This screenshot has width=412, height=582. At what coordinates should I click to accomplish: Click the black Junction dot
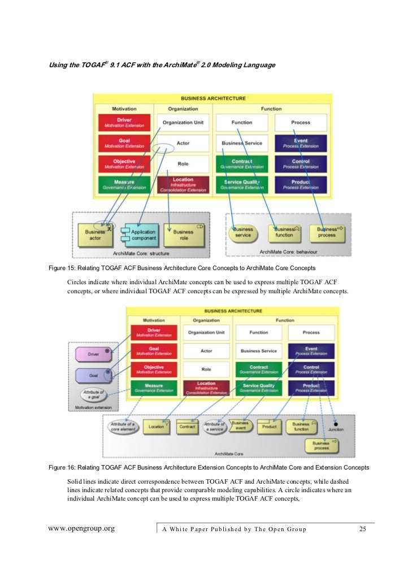(335, 423)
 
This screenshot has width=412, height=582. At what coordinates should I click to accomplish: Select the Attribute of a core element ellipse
(122, 427)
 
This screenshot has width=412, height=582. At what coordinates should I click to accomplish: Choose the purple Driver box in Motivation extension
(93, 354)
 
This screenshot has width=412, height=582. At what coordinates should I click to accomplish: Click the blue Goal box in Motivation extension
(93, 375)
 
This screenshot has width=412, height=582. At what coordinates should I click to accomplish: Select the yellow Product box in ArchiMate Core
(269, 427)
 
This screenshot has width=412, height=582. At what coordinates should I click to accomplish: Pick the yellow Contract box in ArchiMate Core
(187, 427)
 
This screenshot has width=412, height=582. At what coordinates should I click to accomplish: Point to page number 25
(363, 529)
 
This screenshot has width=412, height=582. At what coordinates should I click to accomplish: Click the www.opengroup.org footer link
(81, 529)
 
